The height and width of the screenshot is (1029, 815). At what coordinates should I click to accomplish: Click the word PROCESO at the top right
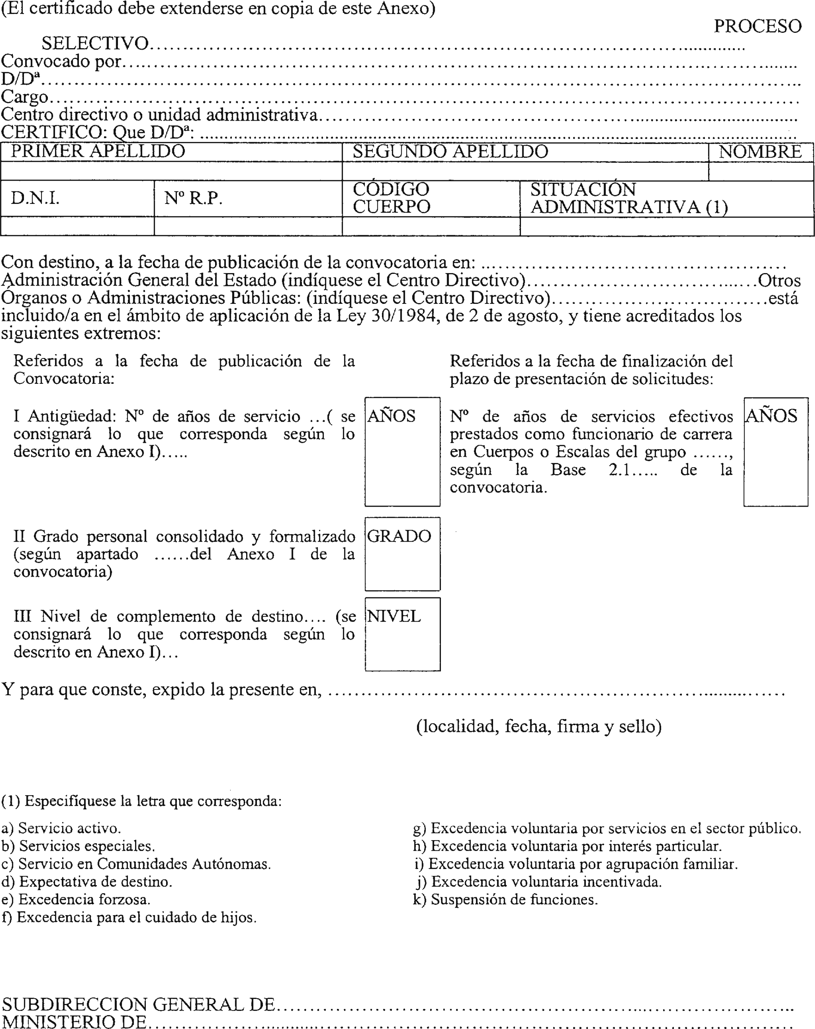(x=757, y=26)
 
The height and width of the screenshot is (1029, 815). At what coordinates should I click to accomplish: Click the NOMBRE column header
(x=760, y=152)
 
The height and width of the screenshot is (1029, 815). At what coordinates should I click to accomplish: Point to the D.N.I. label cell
(x=35, y=198)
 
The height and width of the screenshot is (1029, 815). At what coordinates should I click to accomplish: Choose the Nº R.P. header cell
(x=193, y=198)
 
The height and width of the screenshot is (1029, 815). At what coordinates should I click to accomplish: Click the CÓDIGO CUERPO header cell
(x=391, y=198)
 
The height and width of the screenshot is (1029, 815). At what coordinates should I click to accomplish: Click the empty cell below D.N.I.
(x=77, y=226)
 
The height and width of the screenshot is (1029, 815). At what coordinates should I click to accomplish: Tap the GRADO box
(x=402, y=554)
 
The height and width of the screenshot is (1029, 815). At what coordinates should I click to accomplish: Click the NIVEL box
(x=402, y=634)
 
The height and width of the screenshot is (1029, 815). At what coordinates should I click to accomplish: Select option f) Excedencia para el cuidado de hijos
(x=129, y=917)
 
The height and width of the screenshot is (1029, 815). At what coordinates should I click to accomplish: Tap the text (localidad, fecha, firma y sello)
(x=539, y=726)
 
